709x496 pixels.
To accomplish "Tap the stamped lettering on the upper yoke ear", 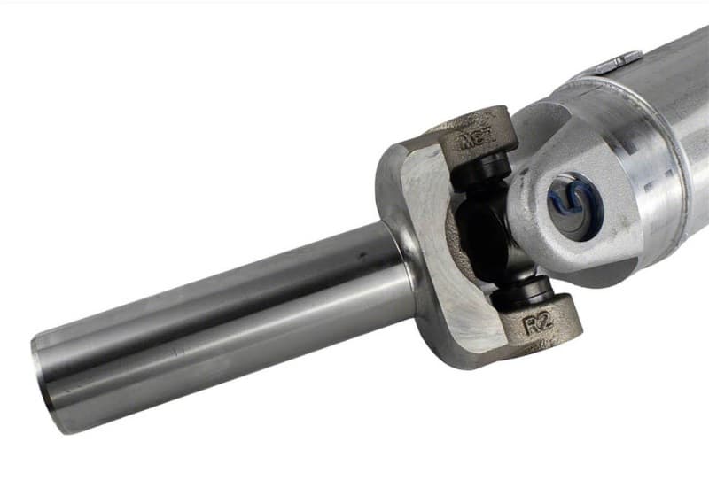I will [479, 138].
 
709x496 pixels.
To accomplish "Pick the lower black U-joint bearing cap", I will [528, 293].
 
